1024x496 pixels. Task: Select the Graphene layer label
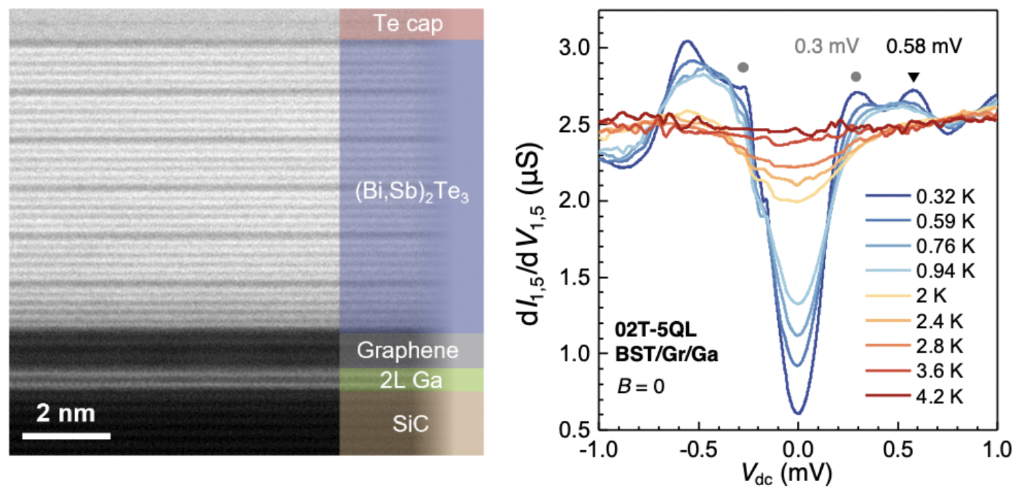click(408, 351)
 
